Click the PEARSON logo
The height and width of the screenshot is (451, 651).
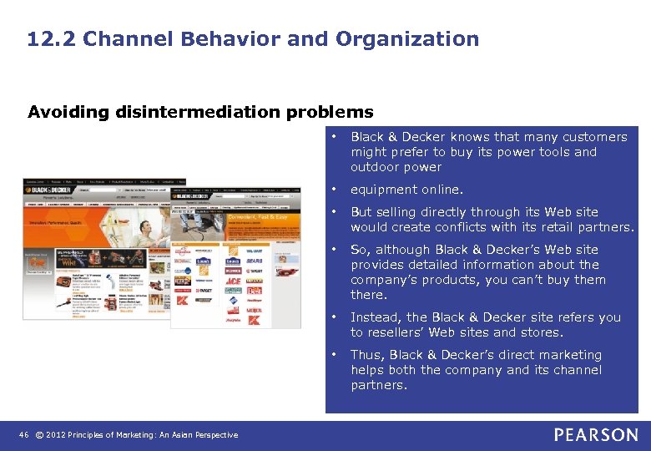[595, 434]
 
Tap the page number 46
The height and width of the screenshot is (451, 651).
[24, 434]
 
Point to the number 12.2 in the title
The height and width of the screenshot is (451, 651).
[51, 38]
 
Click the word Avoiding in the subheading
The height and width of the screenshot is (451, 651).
[60, 112]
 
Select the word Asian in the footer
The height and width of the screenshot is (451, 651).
[180, 434]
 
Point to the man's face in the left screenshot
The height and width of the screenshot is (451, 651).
[144, 227]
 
